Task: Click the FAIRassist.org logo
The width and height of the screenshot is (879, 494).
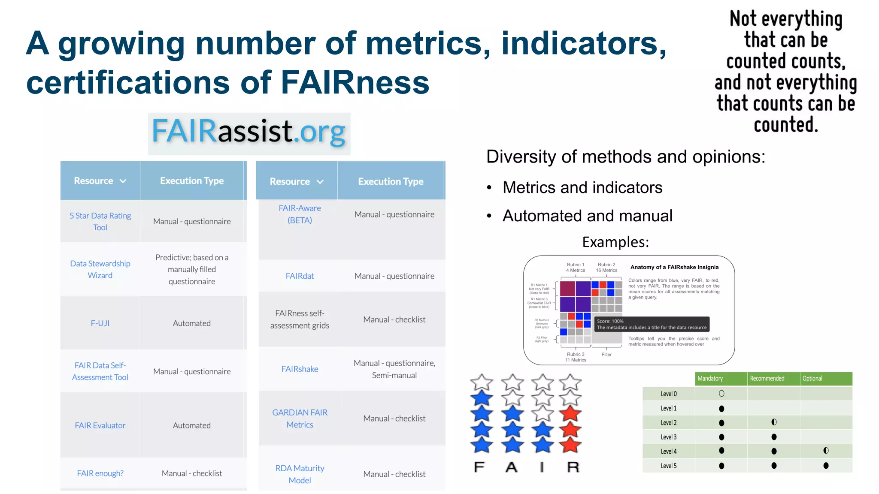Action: tap(249, 133)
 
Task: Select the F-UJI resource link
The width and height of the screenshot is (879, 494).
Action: tap(100, 323)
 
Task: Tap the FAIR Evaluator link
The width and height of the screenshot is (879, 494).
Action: tap(100, 425)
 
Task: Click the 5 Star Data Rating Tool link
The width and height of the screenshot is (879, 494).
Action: tap(100, 221)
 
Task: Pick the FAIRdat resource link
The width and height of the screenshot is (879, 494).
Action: tap(300, 276)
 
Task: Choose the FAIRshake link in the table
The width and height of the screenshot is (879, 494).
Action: tap(300, 369)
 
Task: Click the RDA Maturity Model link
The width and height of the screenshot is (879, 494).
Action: tap(300, 474)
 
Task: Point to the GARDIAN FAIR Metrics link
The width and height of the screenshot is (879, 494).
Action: tap(300, 418)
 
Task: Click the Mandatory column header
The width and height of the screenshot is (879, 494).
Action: tap(710, 378)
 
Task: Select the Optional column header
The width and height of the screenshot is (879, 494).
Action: tap(812, 378)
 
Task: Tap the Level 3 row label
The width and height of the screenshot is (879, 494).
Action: tap(669, 437)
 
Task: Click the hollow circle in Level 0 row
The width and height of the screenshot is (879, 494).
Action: tap(721, 393)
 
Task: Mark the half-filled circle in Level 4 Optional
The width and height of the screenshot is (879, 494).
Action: tap(826, 451)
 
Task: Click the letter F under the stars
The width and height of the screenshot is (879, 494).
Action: tap(479, 467)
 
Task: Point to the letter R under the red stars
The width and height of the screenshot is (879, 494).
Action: tap(573, 467)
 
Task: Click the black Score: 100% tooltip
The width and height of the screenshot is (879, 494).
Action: tap(651, 324)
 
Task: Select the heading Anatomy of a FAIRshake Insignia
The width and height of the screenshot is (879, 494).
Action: tap(674, 267)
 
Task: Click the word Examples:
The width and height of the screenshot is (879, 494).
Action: tap(615, 242)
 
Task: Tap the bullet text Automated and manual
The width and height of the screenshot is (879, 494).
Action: tap(587, 216)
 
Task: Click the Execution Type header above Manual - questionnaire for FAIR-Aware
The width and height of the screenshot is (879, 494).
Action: tap(391, 181)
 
